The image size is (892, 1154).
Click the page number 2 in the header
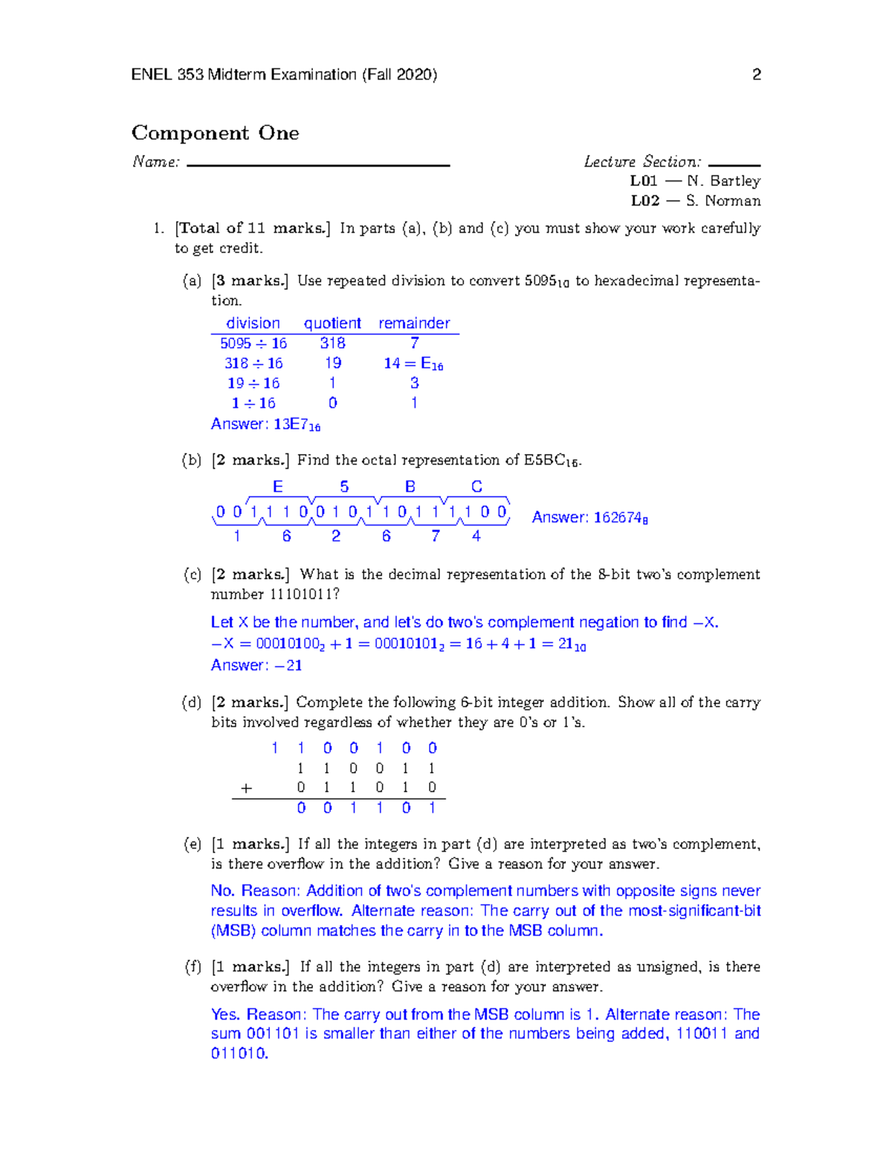point(756,74)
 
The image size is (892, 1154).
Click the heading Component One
point(215,133)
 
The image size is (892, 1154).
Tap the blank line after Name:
point(318,165)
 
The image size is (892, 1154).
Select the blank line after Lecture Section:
point(734,165)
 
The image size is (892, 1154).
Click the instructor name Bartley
point(734,181)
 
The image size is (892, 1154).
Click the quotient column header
point(332,323)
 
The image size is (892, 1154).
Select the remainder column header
point(414,323)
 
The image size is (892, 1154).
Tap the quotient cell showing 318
point(332,343)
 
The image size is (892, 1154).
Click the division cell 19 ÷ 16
point(253,383)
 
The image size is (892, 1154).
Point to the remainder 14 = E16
point(413,363)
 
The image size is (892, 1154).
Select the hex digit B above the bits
point(410,487)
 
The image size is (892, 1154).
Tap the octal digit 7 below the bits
point(436,536)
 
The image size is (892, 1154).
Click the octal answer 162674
point(620,518)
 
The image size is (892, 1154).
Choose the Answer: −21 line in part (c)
point(256,665)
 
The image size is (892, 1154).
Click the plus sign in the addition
point(247,788)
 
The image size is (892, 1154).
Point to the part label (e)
point(193,844)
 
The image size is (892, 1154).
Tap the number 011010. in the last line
point(239,1053)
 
